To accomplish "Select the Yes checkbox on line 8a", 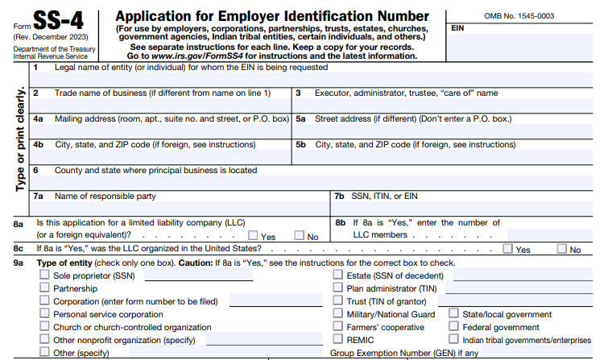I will point(254,236).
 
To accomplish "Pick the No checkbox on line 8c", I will point(562,250).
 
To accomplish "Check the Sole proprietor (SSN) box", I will point(44,275).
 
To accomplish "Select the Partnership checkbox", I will point(44,288).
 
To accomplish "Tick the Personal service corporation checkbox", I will point(44,314).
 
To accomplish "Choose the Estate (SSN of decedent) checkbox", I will point(338,275).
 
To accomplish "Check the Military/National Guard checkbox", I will point(338,314).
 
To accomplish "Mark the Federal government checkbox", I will point(454,327).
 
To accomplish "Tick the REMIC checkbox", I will point(338,340).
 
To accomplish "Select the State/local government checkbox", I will point(454,314).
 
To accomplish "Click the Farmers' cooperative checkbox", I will point(338,327).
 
